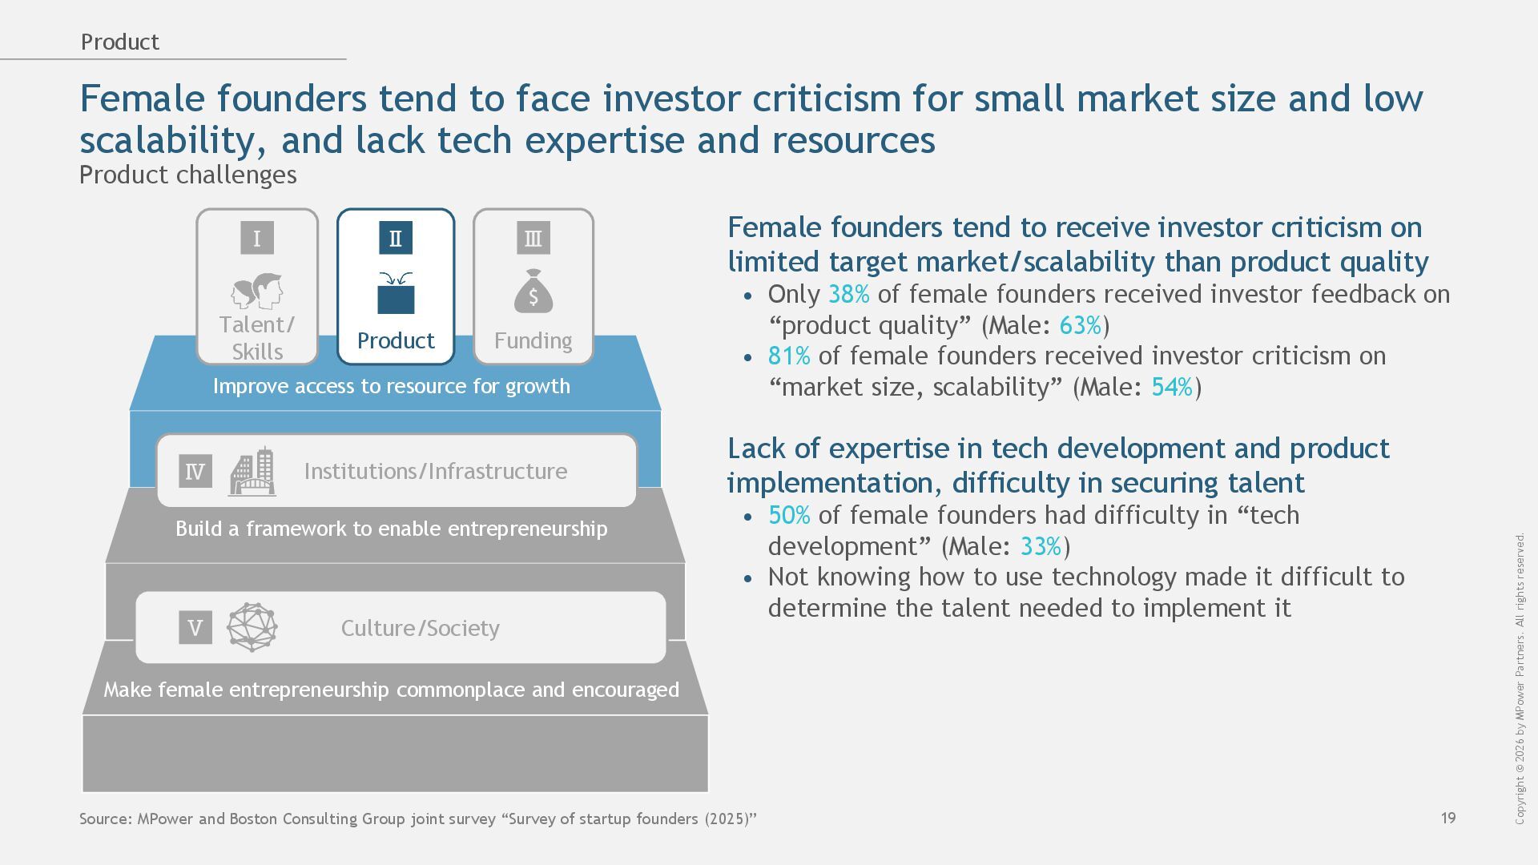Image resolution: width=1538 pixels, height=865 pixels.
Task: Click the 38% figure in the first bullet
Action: coord(848,295)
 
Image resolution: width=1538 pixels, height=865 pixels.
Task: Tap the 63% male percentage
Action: coord(1080,325)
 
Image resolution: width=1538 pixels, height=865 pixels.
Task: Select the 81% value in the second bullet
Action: coord(788,356)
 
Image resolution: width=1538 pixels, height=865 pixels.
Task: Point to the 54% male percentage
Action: coord(1172,388)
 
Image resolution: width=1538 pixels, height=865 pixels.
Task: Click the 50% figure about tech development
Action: coord(788,515)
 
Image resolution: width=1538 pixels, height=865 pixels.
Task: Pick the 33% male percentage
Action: coord(1041,546)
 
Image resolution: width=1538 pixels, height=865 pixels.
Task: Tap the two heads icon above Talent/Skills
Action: coord(257,291)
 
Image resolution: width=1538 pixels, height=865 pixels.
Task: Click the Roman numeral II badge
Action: coord(396,238)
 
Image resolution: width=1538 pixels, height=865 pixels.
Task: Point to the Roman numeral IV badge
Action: coord(195,471)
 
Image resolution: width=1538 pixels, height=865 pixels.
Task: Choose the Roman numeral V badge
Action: coord(195,627)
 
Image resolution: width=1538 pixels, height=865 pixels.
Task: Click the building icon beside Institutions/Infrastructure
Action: coord(252,471)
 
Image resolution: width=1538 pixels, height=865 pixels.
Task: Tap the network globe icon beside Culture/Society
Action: coord(252,627)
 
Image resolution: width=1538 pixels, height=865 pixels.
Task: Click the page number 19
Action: coord(1447,818)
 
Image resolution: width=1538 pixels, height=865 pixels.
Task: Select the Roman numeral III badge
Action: coord(533,238)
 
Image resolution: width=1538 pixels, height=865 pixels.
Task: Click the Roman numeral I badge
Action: coord(257,238)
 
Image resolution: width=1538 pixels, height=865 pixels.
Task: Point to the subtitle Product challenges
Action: coord(188,175)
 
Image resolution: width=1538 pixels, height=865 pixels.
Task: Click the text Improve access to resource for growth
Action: coord(391,386)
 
